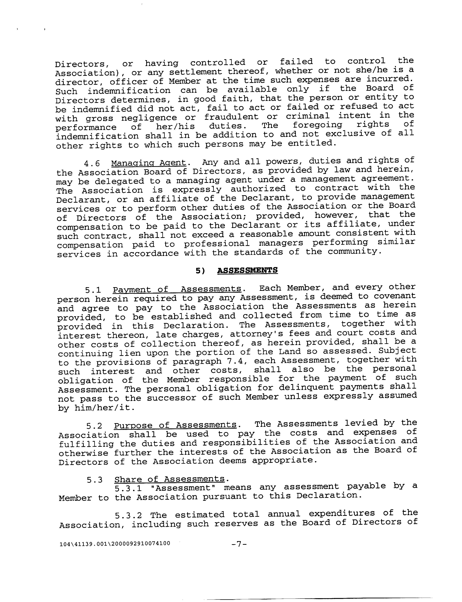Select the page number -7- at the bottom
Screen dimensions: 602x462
(x=239, y=544)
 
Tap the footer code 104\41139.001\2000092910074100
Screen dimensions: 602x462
(x=115, y=544)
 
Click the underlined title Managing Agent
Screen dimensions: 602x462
(x=149, y=163)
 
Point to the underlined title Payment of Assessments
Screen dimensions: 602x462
(x=177, y=289)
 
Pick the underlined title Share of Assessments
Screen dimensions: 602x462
(x=169, y=479)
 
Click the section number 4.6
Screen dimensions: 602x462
(x=92, y=164)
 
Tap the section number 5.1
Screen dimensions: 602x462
(x=93, y=290)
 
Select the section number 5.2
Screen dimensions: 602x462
(x=94, y=426)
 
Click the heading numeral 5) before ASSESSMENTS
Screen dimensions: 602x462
(x=200, y=271)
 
